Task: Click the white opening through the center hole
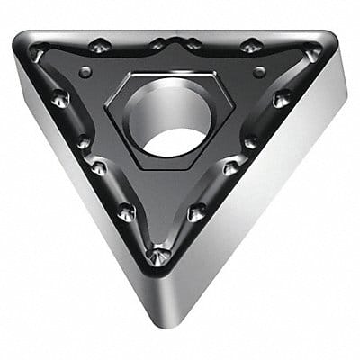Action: click(x=177, y=138)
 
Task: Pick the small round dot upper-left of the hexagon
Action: click(x=85, y=71)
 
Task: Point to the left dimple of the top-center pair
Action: click(x=158, y=43)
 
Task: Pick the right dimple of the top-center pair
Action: click(x=193, y=43)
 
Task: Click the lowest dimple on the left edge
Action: click(x=127, y=211)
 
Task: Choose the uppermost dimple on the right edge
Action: click(x=283, y=97)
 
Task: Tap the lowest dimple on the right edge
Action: click(x=196, y=211)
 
